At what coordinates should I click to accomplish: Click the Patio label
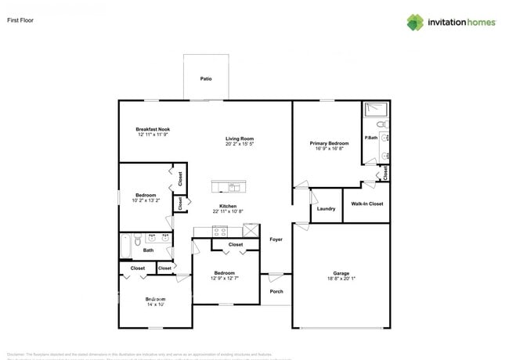206,79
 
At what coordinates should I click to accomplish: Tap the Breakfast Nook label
153,129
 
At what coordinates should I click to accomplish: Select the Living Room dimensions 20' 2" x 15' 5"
239,144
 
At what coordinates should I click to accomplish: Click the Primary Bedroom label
329,143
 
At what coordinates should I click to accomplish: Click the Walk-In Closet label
366,204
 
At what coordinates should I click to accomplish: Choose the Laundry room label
327,209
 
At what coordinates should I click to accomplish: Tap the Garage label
341,273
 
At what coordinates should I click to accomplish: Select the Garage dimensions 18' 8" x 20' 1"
341,279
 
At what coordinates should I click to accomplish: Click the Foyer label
276,239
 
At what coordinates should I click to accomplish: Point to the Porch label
276,292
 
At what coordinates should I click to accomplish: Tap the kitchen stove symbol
220,230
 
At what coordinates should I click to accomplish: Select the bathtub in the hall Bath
126,247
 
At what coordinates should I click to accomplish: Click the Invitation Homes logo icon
415,22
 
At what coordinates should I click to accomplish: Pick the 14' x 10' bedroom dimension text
153,304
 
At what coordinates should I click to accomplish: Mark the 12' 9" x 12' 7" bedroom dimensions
227,279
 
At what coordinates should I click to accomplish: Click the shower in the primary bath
376,110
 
